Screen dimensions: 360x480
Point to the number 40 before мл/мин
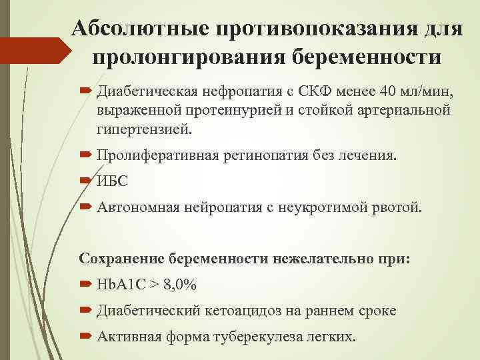(x=382, y=91)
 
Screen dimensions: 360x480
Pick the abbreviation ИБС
(x=113, y=181)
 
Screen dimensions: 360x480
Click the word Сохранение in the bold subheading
(x=122, y=258)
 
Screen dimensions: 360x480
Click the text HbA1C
(x=121, y=285)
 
